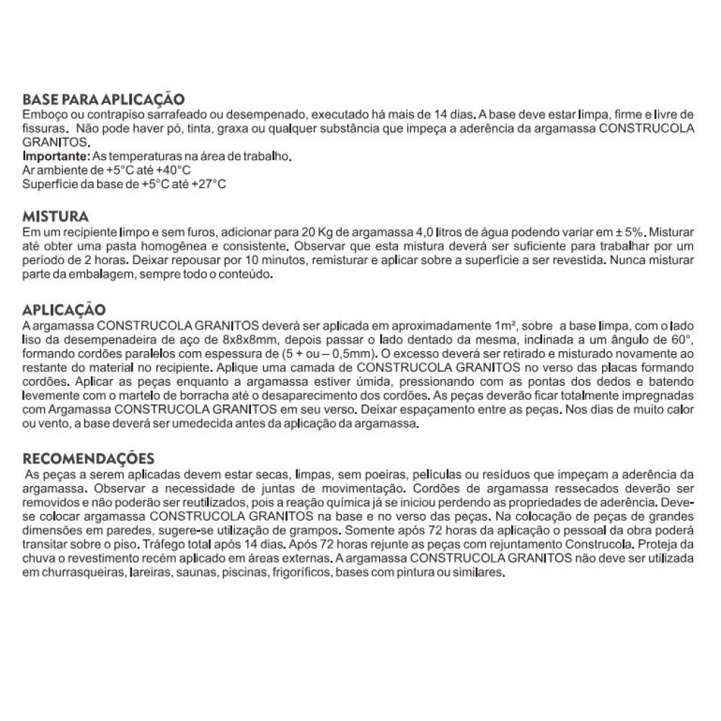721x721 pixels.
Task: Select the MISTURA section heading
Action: [x=56, y=217]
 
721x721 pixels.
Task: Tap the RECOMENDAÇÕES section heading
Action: [x=89, y=459]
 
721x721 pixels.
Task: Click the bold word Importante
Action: [x=55, y=156]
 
